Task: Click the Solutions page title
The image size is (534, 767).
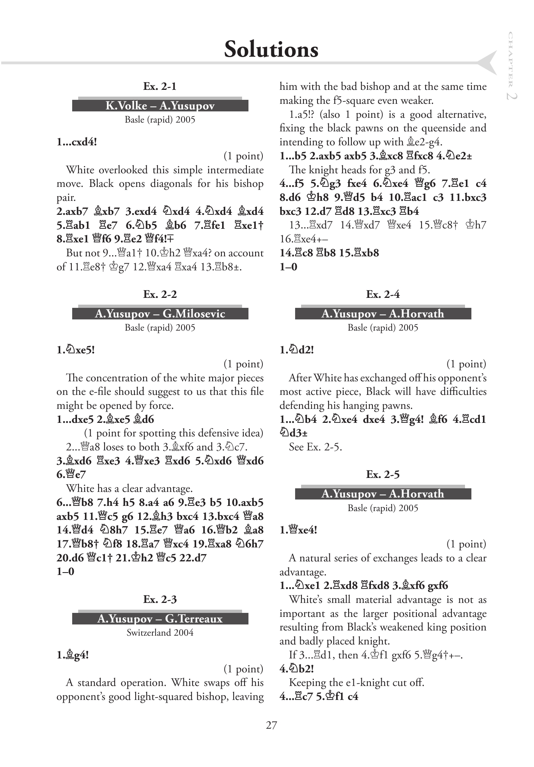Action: point(271,50)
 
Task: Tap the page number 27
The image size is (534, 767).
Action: point(271,725)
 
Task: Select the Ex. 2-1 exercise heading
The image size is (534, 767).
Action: point(160,86)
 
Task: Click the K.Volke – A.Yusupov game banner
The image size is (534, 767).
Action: point(160,105)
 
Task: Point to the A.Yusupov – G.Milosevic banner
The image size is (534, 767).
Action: point(160,313)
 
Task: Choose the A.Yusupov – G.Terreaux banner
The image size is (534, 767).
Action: point(160,618)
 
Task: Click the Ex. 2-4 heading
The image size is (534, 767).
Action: point(383,294)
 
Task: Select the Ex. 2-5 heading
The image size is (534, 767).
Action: point(383,474)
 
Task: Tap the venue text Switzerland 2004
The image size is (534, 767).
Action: point(160,632)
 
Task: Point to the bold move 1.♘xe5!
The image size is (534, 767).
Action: point(76,350)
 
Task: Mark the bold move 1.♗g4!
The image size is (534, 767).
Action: point(73,655)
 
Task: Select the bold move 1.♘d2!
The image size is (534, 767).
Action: point(297,350)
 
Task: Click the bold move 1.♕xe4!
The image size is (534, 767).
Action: point(298,530)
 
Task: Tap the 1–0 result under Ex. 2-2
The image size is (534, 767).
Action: point(65,571)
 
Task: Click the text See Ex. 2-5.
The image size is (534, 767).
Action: point(315,447)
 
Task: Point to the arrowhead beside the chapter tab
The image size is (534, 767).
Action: point(488,63)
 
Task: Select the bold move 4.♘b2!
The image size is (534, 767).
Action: point(297,668)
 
